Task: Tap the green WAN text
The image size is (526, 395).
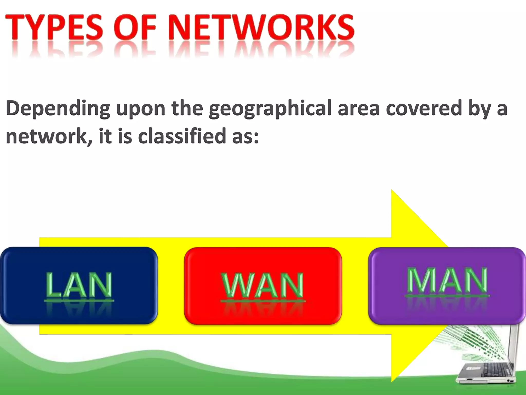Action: tap(262, 285)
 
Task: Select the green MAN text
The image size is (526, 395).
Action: tap(447, 280)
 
